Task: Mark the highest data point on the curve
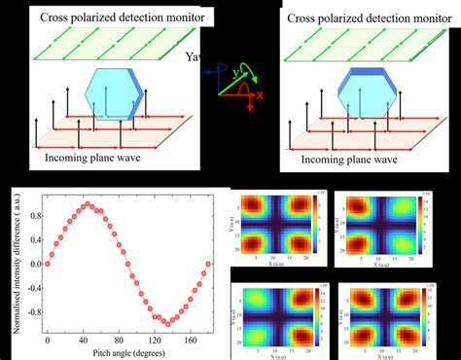87,204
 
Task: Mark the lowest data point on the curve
166,323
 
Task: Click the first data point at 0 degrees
47,264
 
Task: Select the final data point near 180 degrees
207,264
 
